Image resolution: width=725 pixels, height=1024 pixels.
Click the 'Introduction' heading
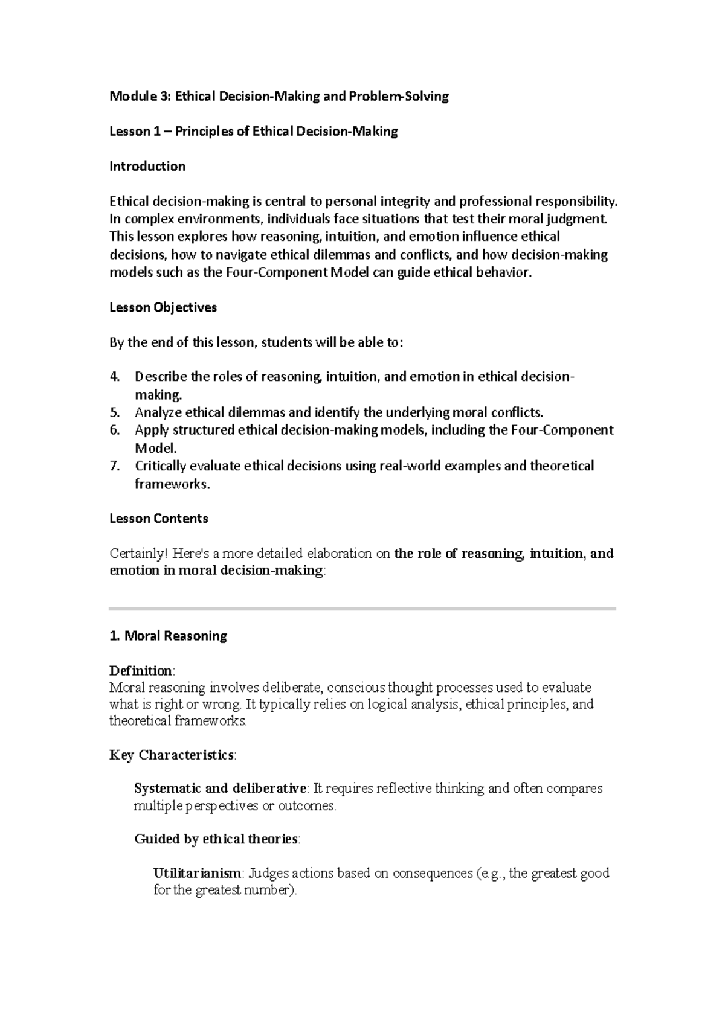coord(147,167)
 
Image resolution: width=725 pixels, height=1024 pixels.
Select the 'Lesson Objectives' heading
coord(163,307)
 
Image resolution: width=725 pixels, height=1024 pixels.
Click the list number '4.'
coord(115,377)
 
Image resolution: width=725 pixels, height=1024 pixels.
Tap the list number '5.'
coord(115,413)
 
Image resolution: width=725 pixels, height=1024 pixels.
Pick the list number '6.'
coord(115,430)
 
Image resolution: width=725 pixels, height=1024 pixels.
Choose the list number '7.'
coord(115,466)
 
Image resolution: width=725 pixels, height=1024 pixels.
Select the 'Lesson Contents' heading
coord(158,519)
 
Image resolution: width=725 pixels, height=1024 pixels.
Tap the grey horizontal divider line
coord(362,609)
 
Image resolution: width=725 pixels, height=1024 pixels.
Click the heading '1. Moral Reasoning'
coord(168,636)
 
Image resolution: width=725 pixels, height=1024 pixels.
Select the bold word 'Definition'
coord(141,671)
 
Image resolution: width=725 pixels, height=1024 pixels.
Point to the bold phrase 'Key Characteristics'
coord(172,755)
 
